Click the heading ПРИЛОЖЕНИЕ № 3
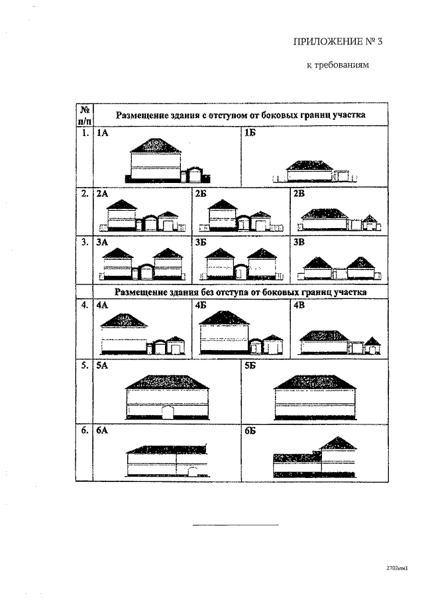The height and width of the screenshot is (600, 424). tap(338, 42)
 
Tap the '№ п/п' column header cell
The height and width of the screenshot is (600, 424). tap(84, 115)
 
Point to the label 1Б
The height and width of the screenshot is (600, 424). tap(250, 133)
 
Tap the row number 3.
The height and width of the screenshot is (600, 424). tap(84, 242)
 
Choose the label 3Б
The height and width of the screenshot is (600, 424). tap(201, 242)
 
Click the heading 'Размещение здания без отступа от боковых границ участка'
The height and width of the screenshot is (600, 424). tap(240, 291)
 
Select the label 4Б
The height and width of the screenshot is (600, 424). tap(202, 306)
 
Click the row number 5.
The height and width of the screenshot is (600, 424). tap(84, 365)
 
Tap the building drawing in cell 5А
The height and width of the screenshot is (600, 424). tap(166, 397)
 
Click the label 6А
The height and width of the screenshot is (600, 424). tap(103, 430)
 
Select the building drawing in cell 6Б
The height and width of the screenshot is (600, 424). tap(315, 457)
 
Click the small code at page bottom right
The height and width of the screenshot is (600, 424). tap(397, 568)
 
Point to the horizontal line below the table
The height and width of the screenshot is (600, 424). tap(235, 525)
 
